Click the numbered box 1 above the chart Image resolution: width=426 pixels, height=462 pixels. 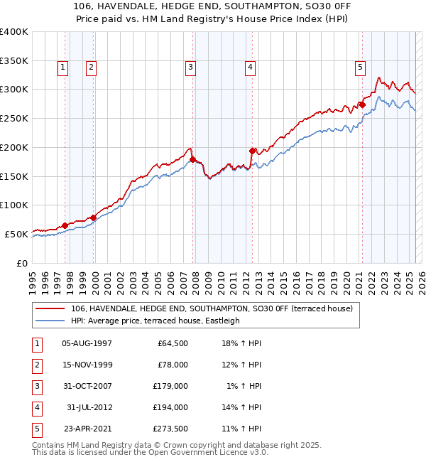pyautogui.click(x=63, y=68)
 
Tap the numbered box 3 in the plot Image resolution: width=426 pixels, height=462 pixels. pyautogui.click(x=191, y=68)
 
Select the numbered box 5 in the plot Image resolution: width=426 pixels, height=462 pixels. pyautogui.click(x=360, y=68)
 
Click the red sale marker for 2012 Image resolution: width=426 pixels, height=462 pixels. pyautogui.click(x=252, y=151)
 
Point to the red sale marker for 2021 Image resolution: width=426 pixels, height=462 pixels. pyautogui.click(x=361, y=105)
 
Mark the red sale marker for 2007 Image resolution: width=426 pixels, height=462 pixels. pyautogui.click(x=192, y=159)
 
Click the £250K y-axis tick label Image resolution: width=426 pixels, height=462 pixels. pyautogui.click(x=13, y=119)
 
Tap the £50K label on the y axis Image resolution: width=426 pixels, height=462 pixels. pyautogui.click(x=16, y=234)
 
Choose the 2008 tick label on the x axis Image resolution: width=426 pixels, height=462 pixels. pyautogui.click(x=196, y=280)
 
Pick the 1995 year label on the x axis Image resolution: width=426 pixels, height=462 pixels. pyautogui.click(x=33, y=280)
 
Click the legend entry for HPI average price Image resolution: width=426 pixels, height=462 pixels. pyautogui.click(x=155, y=321)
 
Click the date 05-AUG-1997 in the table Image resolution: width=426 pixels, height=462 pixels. pyautogui.click(x=87, y=344)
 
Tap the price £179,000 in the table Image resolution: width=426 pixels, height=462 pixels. pyautogui.click(x=170, y=386)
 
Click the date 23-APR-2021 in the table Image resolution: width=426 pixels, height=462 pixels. pyautogui.click(x=87, y=429)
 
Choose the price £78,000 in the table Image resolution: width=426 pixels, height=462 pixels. pyautogui.click(x=172, y=365)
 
